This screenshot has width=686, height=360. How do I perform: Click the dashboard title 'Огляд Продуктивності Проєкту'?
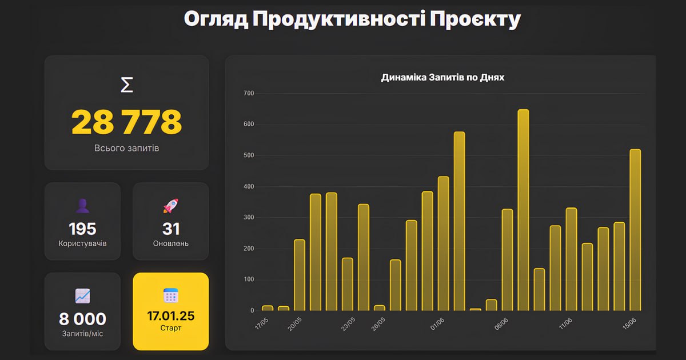point(352,19)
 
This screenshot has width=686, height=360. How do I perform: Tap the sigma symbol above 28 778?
point(127,85)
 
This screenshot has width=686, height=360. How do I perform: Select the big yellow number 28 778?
point(127,121)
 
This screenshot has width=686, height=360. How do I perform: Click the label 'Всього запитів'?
point(127,148)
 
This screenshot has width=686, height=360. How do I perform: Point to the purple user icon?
point(82,206)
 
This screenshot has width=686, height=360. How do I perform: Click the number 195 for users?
point(82,229)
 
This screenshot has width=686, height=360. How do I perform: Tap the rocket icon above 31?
point(171,206)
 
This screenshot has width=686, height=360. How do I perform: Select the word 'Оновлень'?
point(171,243)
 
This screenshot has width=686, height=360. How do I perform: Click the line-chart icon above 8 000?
point(82,295)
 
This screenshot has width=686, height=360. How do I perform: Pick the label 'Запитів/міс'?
point(82,333)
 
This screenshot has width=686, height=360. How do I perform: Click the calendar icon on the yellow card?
point(171,295)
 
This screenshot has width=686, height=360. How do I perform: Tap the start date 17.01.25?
point(171,315)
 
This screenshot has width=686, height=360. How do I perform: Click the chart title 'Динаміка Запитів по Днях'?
point(442,77)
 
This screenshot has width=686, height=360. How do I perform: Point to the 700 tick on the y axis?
point(249,93)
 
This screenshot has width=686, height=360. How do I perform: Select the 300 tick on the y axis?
point(249,218)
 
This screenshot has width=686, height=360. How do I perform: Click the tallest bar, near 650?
point(523,210)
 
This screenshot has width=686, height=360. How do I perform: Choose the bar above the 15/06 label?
point(635,230)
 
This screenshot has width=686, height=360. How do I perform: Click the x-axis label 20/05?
point(294,324)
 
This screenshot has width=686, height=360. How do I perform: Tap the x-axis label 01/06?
point(438,324)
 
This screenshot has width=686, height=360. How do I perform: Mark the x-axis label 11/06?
point(565,324)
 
